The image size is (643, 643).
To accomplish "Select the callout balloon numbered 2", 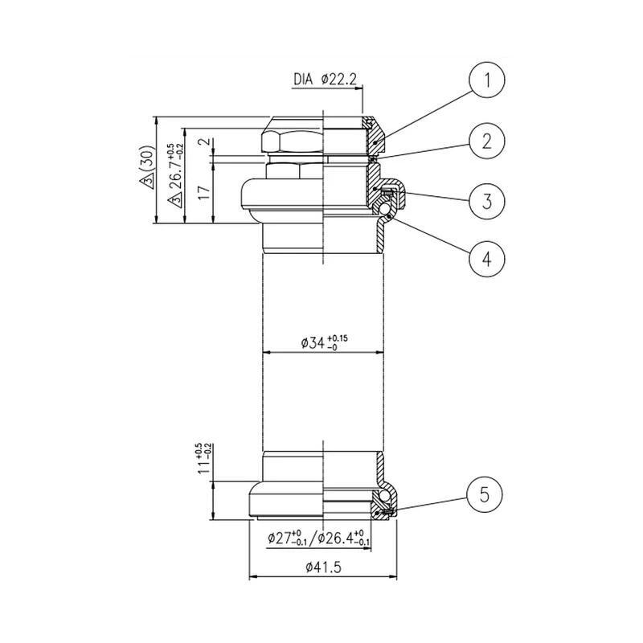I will click(485, 141).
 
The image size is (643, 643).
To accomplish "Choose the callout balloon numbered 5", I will click(485, 492).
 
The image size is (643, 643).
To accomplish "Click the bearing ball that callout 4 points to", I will click(387, 212).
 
